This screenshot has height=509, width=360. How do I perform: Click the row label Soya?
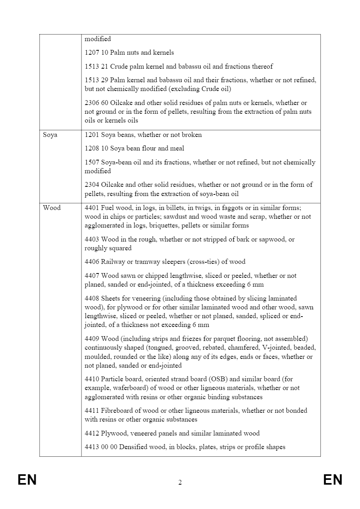[50, 135]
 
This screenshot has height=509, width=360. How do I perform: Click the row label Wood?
[52, 208]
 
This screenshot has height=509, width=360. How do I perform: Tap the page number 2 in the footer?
[180, 483]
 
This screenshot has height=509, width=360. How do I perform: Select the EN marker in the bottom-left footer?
[27, 479]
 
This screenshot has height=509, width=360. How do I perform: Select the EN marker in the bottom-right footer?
[333, 479]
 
